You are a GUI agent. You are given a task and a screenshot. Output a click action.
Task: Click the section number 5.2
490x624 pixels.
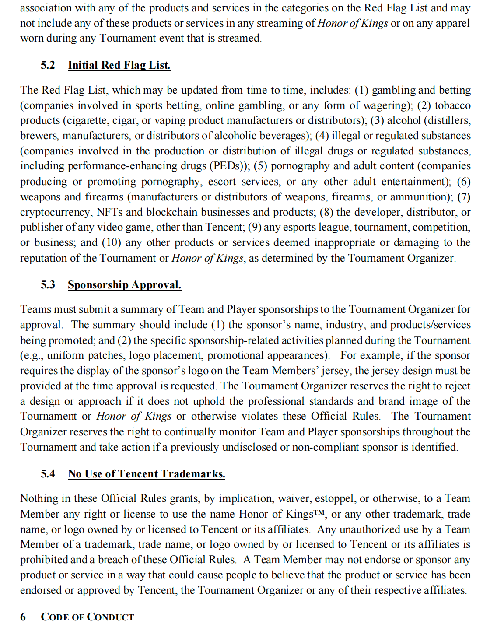pos(48,65)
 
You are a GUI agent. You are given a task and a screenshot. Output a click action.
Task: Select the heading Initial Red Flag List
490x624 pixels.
pos(119,65)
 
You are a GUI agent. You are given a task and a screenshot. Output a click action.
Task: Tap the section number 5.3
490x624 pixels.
pos(48,285)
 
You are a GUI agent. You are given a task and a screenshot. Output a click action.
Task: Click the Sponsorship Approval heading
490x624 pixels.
pos(124,285)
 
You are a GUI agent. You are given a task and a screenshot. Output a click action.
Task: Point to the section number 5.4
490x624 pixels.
pos(48,474)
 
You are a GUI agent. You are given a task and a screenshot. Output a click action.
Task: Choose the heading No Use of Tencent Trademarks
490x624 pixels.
pos(146,474)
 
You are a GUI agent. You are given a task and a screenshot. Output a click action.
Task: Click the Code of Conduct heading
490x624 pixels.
pos(87,617)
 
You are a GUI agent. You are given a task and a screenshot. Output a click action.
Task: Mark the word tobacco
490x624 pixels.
pos(452,105)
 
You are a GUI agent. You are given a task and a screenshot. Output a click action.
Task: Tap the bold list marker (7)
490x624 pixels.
pos(464,197)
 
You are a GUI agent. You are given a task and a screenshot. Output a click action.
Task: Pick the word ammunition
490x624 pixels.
pos(420,197)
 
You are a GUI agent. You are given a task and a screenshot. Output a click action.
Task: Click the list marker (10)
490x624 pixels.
pos(110,243)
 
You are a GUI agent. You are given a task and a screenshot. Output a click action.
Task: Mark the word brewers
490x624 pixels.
pos(38,136)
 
